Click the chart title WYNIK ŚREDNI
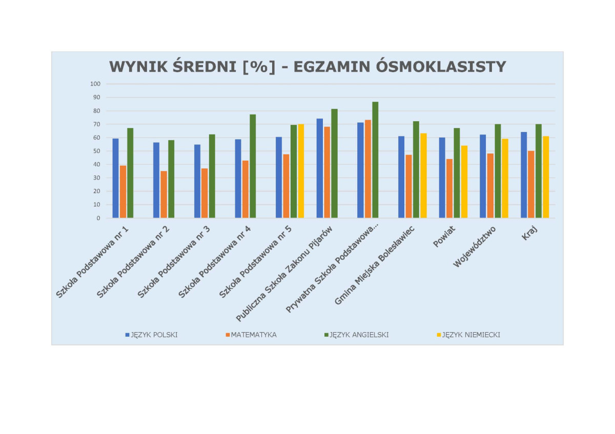coord(307,67)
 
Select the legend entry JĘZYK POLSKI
coord(154,335)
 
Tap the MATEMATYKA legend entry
coord(253,335)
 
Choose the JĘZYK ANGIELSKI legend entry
coord(358,335)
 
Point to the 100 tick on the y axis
coord(96,84)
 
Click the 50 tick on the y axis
coord(97,151)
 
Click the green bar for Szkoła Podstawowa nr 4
coord(253,166)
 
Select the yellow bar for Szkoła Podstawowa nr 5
coord(301,171)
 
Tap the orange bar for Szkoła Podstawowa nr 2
coord(164,194)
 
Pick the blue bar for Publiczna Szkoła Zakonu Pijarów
coord(320,168)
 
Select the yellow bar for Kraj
coord(546,177)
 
